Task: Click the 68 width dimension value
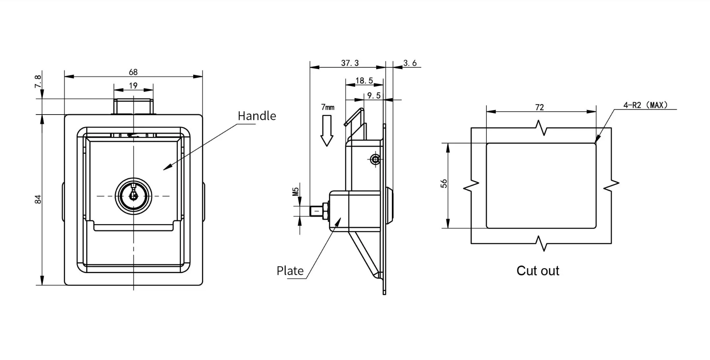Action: [x=133, y=72]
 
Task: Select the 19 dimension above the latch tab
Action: [x=133, y=86]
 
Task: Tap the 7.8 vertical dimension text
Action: [x=38, y=82]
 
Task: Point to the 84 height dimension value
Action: [x=38, y=199]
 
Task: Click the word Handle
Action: [x=257, y=116]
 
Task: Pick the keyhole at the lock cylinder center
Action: [x=133, y=196]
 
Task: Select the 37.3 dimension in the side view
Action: [x=350, y=63]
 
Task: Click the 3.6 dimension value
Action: [x=410, y=63]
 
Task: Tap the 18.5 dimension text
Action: [x=364, y=81]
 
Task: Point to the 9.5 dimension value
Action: [x=373, y=95]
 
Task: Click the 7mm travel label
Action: [x=327, y=107]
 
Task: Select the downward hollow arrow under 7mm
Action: [x=327, y=131]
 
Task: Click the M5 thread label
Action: [x=296, y=191]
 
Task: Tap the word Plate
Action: [x=290, y=271]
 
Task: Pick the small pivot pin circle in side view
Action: [x=375, y=160]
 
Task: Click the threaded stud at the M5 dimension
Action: [x=319, y=211]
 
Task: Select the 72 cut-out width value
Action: [x=539, y=107]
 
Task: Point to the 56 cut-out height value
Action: [x=444, y=183]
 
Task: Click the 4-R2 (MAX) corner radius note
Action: [x=645, y=105]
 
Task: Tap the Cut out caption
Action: [x=538, y=271]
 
